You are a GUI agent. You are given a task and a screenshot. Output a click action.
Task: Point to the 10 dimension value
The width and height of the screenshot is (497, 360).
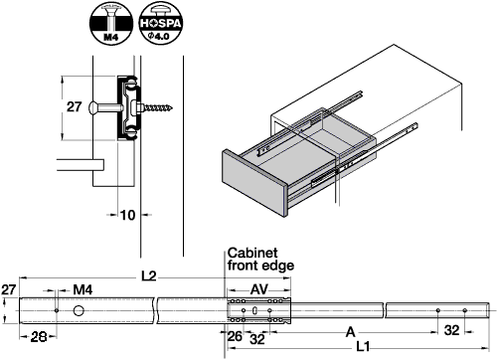point(128,214)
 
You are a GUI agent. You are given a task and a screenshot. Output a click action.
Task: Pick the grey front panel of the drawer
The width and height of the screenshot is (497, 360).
point(253,182)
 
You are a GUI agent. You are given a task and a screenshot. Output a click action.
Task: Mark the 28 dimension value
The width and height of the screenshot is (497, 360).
point(37,335)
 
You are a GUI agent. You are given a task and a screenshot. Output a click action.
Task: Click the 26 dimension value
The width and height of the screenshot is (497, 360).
point(235,335)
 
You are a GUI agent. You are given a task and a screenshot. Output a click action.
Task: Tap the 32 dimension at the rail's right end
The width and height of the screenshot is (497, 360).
point(452,329)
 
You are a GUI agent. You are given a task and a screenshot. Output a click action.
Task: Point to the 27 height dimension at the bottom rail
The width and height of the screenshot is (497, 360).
point(9,289)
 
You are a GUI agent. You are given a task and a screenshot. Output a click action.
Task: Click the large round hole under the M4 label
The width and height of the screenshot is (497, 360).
point(79,311)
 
